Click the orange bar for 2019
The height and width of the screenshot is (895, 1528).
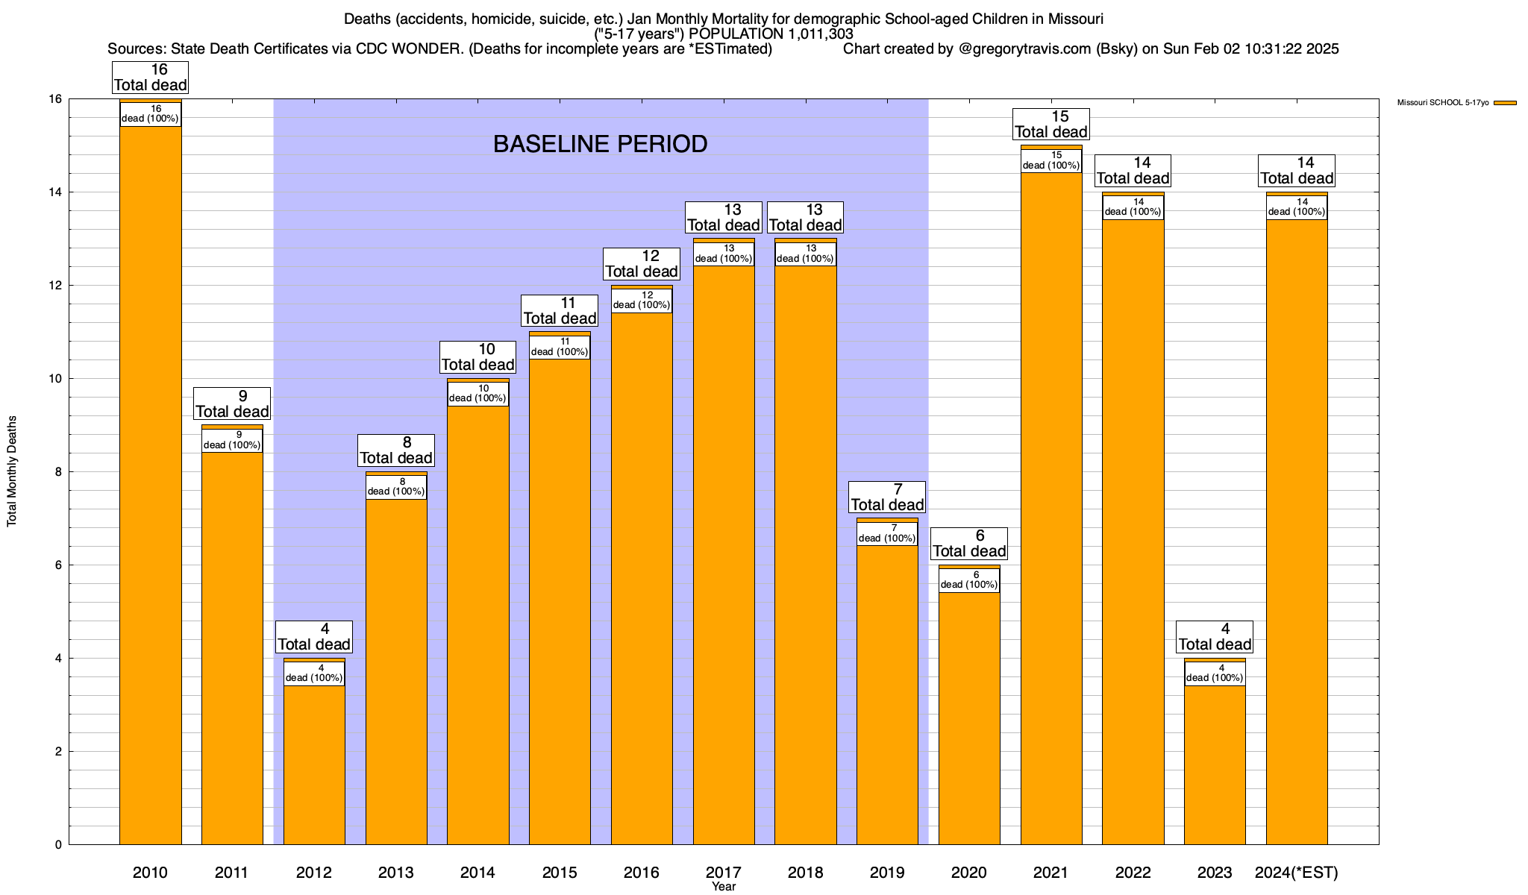[887, 694]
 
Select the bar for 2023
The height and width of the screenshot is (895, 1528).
[1215, 761]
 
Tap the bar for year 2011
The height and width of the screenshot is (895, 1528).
[232, 649]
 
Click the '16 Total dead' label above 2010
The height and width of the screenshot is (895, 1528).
[150, 78]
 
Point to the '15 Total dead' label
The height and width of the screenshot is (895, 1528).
[1051, 125]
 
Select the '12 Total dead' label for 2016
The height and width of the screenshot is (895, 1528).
[642, 264]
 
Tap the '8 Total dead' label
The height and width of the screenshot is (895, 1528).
[396, 450]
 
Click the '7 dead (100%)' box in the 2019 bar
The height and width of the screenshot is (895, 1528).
[887, 533]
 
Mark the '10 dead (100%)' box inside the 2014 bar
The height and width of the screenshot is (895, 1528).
[477, 393]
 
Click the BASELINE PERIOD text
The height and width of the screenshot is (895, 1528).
[600, 144]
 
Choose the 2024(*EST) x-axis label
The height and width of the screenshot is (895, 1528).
[1297, 873]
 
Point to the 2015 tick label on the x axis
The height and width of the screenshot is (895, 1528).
[560, 873]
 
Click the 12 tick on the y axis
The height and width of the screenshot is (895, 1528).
[57, 286]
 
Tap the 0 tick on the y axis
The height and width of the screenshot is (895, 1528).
[57, 845]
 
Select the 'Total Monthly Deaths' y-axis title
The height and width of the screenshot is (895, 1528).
[12, 471]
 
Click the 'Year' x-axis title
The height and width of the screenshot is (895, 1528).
[724, 887]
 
